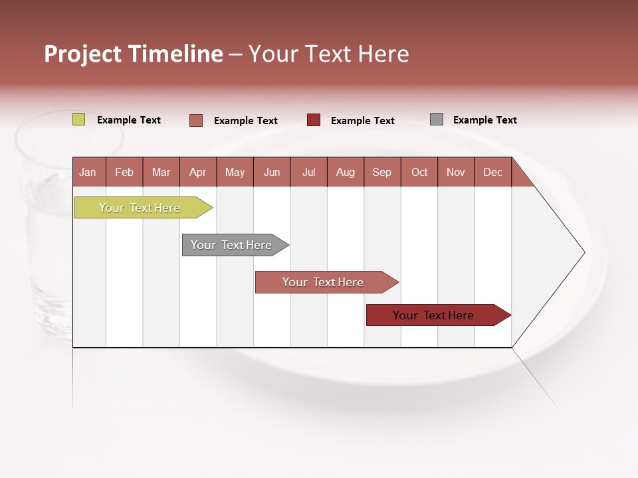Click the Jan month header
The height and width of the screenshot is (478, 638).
click(x=88, y=172)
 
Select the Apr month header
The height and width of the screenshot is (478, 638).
click(x=198, y=172)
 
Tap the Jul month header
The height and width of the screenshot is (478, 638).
click(x=308, y=172)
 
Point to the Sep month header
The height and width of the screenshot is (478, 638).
click(x=381, y=172)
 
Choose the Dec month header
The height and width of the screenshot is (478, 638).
click(x=492, y=172)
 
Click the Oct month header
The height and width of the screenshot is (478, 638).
click(x=419, y=172)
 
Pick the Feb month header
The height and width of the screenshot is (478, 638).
click(x=124, y=172)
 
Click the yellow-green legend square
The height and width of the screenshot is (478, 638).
click(x=79, y=119)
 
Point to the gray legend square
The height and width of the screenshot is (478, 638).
click(x=437, y=119)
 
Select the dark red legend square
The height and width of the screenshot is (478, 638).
click(x=314, y=120)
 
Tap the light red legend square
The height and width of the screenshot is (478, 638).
click(x=196, y=120)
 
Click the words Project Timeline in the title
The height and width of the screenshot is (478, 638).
click(x=134, y=54)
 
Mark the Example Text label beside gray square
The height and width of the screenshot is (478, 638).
click(x=484, y=120)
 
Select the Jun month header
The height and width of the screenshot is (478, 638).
click(x=272, y=172)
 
